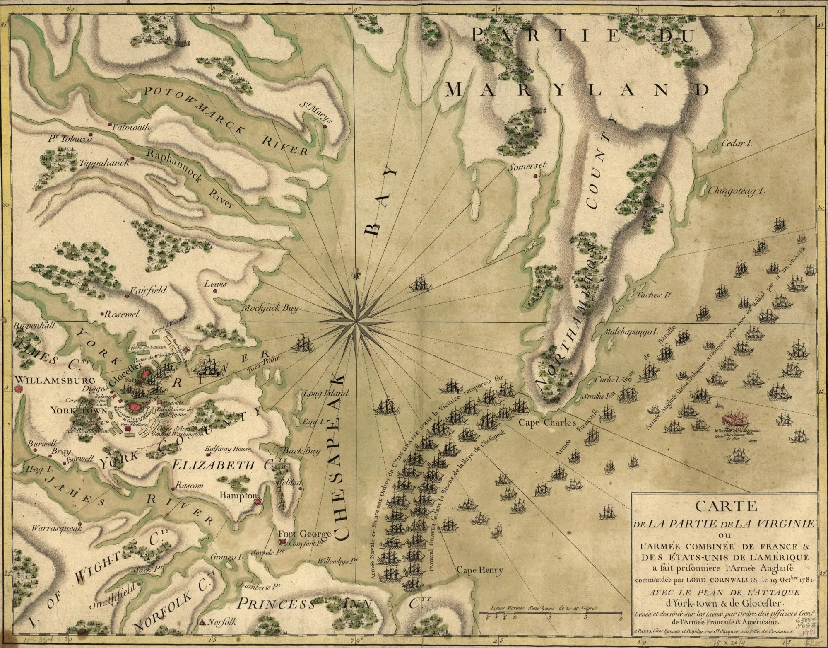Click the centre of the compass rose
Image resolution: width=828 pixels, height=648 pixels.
pyautogui.click(x=356, y=322)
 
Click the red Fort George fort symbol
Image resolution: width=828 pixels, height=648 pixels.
pyautogui.click(x=283, y=542)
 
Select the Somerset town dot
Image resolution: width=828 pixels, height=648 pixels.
pyautogui.click(x=535, y=176)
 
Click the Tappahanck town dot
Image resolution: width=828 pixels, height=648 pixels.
pyautogui.click(x=132, y=159)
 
